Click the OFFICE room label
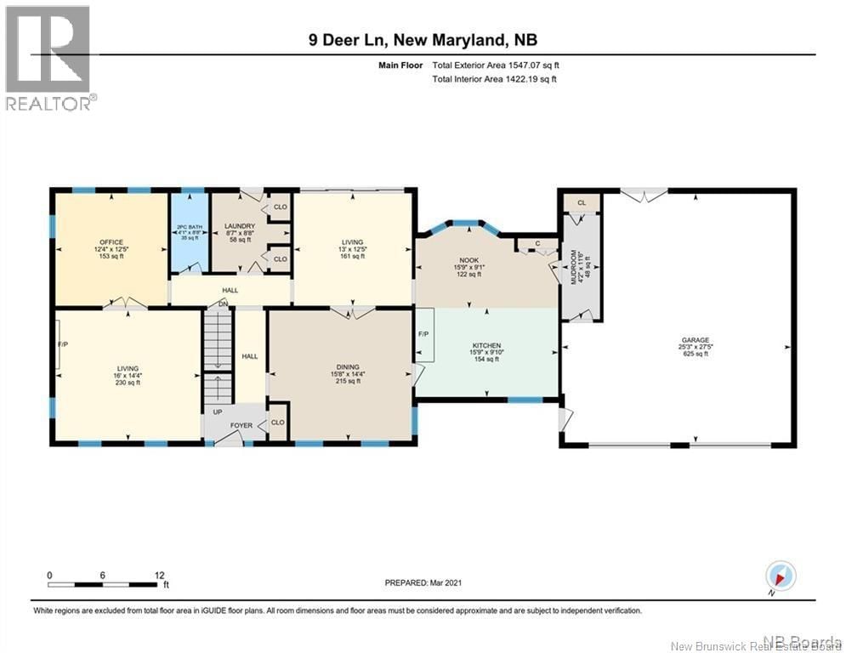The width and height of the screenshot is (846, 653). coord(111,242)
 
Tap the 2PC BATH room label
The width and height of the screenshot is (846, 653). coord(187,227)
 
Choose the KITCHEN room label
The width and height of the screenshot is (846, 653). coord(487,346)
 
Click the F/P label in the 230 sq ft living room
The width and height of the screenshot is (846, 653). coord(62,345)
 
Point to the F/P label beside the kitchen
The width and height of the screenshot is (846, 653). coord(423,334)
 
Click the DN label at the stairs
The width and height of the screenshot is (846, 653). coord(224,304)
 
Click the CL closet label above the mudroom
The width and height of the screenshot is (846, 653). coord(582,202)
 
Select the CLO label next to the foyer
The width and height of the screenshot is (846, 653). coord(278,422)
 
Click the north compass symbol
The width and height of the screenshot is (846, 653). coord(781,576)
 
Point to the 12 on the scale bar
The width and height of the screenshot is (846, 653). coord(159,575)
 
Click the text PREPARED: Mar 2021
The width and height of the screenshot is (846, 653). coord(423,582)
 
